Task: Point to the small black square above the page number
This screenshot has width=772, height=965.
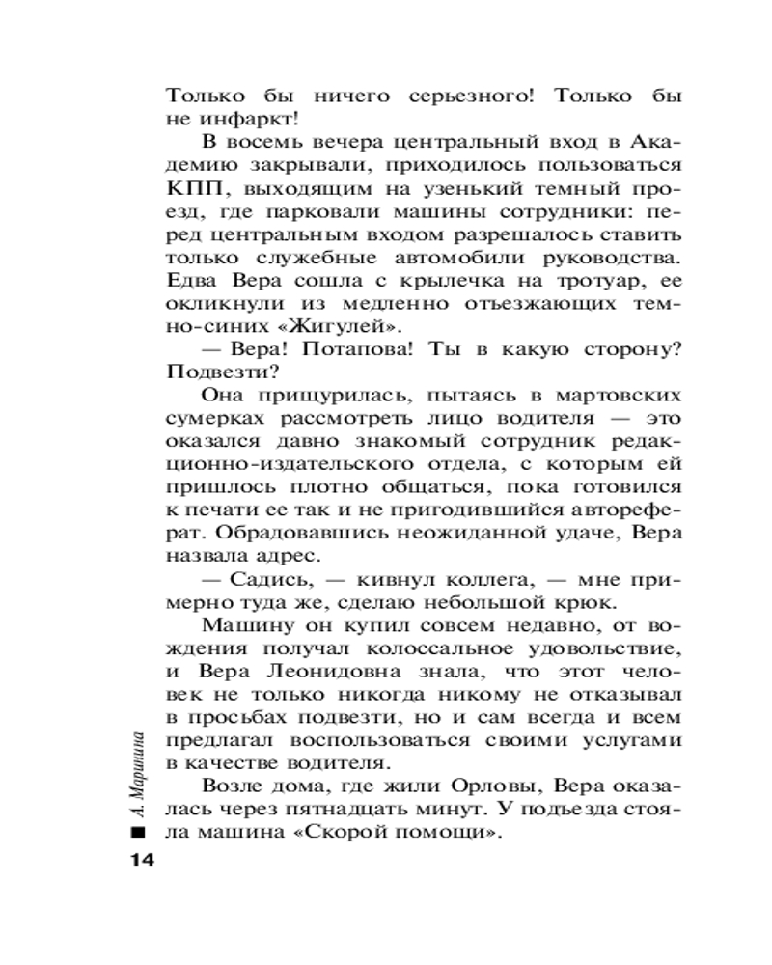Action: click(x=138, y=832)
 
